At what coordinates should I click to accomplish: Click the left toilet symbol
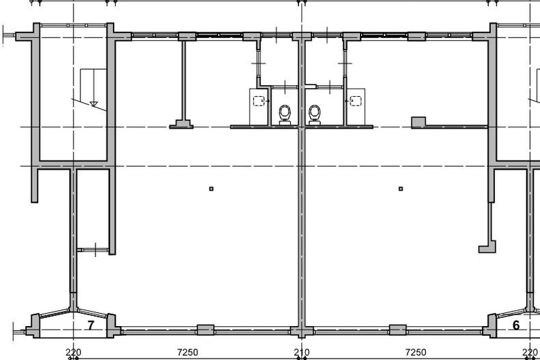coord(285,115)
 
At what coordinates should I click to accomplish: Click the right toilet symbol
coord(314,115)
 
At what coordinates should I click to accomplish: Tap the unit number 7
coord(91,325)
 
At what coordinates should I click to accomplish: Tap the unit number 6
coord(516,325)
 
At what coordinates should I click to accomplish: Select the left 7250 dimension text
coord(188,352)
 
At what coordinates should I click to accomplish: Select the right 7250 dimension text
coord(415,352)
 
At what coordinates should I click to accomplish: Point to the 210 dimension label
coord(302,352)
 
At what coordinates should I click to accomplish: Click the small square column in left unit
coord(211,189)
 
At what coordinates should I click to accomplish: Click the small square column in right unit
coord(401,189)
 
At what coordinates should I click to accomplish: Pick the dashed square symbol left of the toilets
coord(259,101)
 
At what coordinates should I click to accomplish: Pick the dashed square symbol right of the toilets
coord(355,101)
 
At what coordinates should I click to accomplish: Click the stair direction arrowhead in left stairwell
coord(93,104)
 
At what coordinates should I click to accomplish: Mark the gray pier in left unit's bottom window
coord(206,330)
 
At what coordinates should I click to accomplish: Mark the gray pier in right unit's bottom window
coord(398,330)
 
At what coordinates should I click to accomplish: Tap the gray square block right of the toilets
coord(418,122)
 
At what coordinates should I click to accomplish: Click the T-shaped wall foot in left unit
coord(181,124)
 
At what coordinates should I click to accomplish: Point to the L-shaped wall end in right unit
coord(487,247)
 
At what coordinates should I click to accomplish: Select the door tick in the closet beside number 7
coord(96,249)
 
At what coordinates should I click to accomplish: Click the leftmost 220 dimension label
coord(73,352)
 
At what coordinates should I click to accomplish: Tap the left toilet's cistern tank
coord(285,123)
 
